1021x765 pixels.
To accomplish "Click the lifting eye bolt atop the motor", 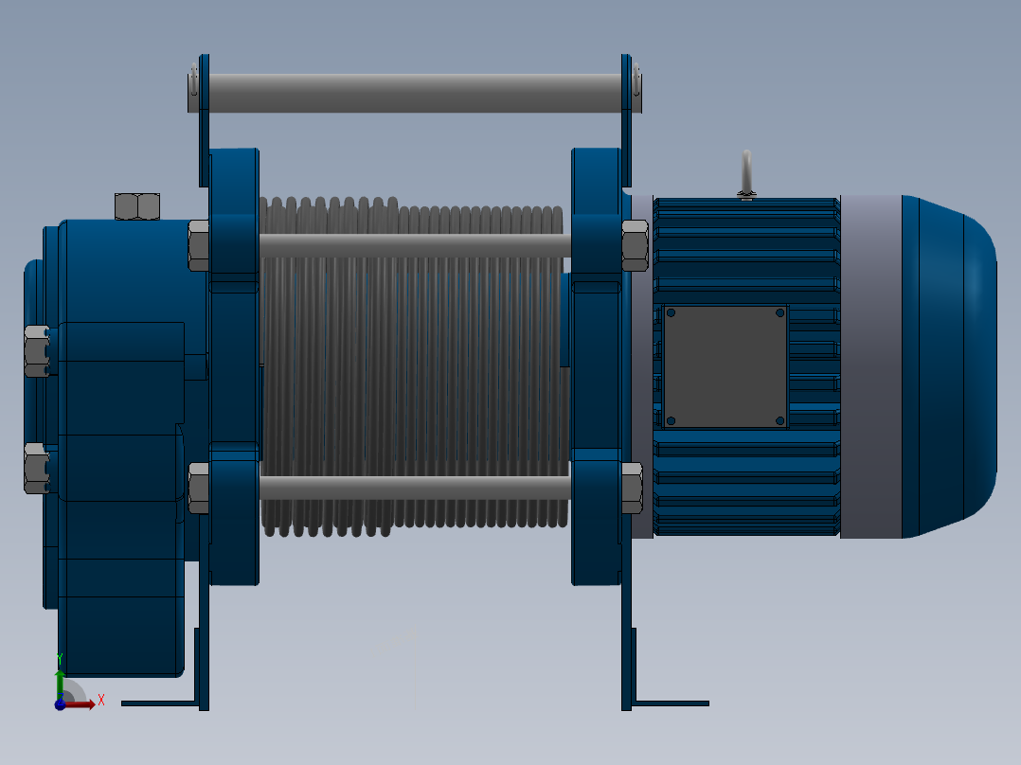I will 746,173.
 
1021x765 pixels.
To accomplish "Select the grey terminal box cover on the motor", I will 725,366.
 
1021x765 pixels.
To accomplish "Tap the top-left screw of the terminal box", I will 671,312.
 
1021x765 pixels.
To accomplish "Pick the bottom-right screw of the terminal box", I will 779,420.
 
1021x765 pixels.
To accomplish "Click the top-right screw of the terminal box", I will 779,312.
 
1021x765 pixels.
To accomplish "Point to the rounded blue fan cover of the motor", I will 952,366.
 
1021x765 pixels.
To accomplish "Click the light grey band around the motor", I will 869,366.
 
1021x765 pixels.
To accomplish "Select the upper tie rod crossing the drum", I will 414,246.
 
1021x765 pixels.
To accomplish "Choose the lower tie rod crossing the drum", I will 414,488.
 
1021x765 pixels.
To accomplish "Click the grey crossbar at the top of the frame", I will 414,93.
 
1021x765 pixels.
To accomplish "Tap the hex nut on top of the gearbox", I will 137,205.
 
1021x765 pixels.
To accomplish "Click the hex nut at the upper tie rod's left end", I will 198,245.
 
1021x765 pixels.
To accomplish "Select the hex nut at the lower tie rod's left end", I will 198,488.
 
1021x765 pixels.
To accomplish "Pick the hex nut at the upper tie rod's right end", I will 635,245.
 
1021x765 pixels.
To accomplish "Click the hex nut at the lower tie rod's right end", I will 632,488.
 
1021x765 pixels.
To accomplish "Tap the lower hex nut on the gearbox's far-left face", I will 36,468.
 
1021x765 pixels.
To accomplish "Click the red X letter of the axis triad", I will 100,701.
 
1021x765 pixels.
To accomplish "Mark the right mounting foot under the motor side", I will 669,703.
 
